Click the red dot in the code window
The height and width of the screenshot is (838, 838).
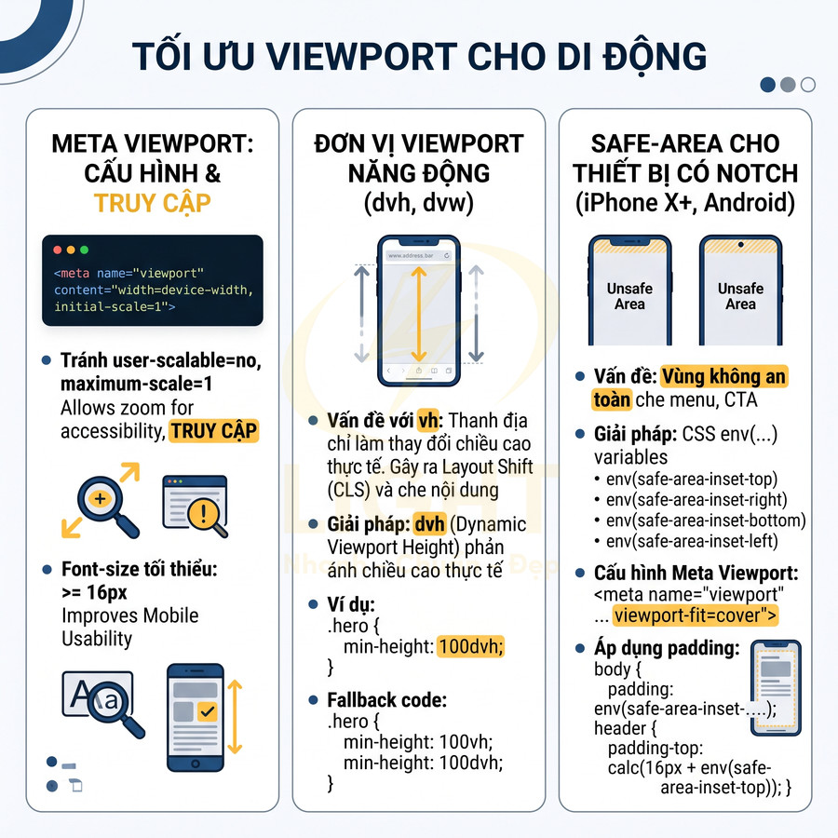pos(58,250)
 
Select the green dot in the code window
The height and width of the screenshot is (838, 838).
pos(85,250)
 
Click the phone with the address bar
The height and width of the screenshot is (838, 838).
pos(419,311)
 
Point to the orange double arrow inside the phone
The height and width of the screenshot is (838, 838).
pos(419,314)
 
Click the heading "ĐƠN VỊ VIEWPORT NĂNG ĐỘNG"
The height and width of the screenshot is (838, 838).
pos(419,158)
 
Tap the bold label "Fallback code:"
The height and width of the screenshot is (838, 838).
pos(386,699)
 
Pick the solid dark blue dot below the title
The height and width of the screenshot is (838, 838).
pos(768,85)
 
